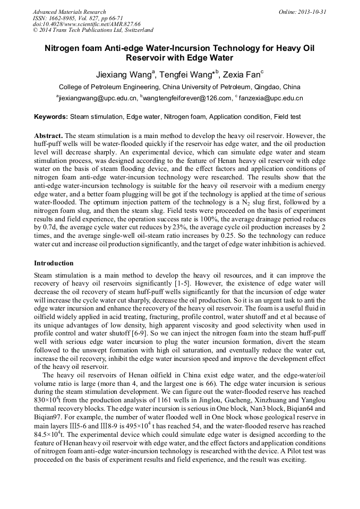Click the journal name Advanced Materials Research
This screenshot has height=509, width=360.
point(69,12)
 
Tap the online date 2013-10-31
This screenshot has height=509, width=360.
point(312,12)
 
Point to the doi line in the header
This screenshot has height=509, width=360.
point(87,24)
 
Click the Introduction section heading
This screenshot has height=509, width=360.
point(54,263)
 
